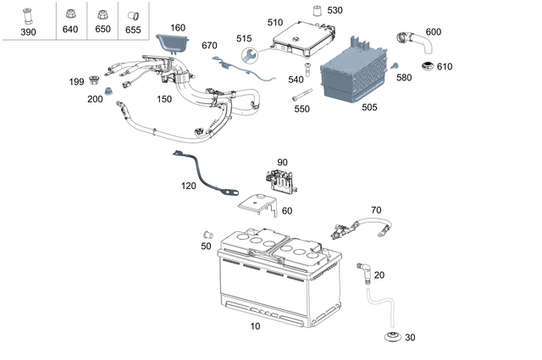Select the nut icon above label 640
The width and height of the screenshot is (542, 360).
69,14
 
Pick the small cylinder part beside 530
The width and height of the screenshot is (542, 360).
318,11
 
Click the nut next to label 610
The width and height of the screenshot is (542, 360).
428,66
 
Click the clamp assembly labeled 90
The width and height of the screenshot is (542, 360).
282,178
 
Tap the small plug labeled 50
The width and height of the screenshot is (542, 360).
207,233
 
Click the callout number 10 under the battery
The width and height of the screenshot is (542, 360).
255,326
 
